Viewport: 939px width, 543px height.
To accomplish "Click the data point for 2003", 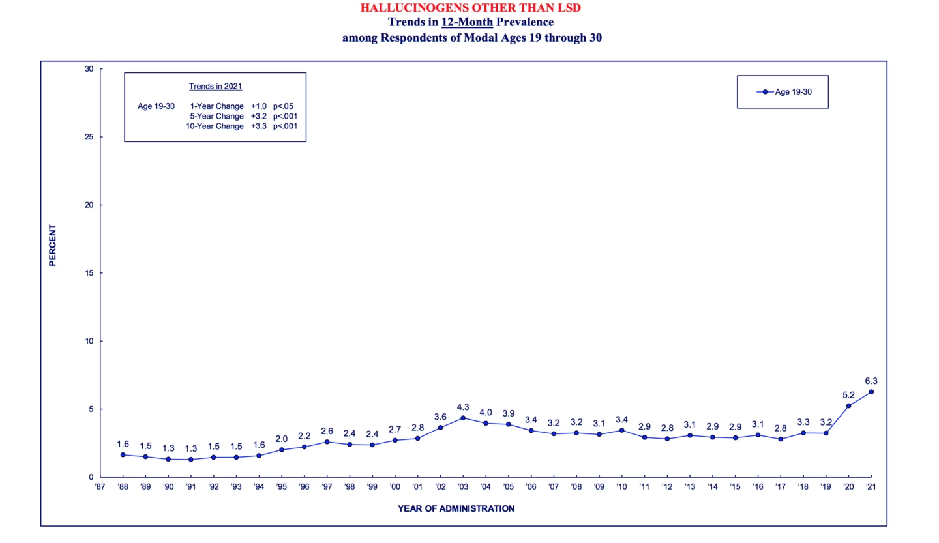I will tap(463, 418).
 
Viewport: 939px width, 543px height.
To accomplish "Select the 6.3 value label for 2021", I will tap(871, 381).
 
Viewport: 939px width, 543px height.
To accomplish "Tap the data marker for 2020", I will tap(848, 406).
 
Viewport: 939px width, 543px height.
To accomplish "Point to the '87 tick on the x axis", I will tap(100, 486).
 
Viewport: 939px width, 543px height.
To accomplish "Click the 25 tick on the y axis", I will tap(89, 137).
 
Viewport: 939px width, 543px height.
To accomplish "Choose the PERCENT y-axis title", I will tap(53, 245).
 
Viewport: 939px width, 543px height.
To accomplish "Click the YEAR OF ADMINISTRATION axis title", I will tap(456, 508).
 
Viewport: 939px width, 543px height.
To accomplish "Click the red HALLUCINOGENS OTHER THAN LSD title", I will tap(470, 8).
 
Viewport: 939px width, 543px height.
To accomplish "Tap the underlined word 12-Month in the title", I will tap(467, 22).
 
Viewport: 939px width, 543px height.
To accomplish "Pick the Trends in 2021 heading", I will tap(215, 86).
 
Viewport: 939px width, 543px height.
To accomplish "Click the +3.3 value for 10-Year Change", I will tap(259, 126).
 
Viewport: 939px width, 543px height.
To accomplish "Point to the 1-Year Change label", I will tap(216, 106).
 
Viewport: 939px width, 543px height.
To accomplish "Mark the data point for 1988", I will tap(123, 455).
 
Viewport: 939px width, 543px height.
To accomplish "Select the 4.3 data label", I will tap(463, 407).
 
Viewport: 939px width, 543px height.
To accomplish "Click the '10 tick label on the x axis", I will tap(621, 486).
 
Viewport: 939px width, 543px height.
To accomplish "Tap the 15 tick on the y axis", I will tap(89, 273).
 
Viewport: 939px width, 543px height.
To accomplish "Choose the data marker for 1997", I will tap(327, 442).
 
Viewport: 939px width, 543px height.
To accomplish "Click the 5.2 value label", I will tap(848, 395).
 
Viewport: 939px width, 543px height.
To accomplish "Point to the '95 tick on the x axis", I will tap(281, 486).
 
